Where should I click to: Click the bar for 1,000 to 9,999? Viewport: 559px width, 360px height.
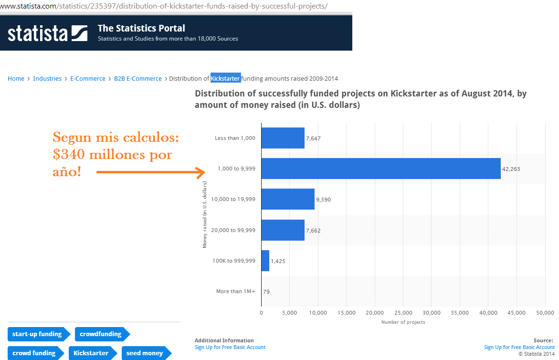pyautogui.click(x=380, y=169)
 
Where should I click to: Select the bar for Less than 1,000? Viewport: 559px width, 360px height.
pyautogui.click(x=283, y=138)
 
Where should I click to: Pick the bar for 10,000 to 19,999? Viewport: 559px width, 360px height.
pyautogui.click(x=287, y=199)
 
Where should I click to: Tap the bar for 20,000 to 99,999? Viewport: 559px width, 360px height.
pyautogui.click(x=283, y=230)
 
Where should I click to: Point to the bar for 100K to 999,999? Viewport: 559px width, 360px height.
pyautogui.click(x=265, y=261)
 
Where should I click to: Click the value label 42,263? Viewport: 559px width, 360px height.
pyautogui.click(x=510, y=169)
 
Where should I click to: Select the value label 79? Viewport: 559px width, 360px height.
pyautogui.click(x=266, y=291)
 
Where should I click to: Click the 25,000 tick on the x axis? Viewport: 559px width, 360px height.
pyautogui.click(x=403, y=313)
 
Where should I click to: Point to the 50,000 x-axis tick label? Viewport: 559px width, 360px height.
pyautogui.click(x=545, y=313)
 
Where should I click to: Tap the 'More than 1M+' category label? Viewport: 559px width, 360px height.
pyautogui.click(x=235, y=291)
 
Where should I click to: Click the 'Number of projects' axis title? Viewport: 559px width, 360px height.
pyautogui.click(x=403, y=322)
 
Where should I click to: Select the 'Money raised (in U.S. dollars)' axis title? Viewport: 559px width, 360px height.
pyautogui.click(x=205, y=215)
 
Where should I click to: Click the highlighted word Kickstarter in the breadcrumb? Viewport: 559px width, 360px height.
pyautogui.click(x=226, y=78)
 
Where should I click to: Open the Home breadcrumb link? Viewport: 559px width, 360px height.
pyautogui.click(x=16, y=79)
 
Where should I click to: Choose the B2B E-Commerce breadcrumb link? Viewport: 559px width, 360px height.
pyautogui.click(x=137, y=79)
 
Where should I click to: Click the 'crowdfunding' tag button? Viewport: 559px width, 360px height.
pyautogui.click(x=101, y=334)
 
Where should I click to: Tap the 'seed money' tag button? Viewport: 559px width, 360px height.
pyautogui.click(x=145, y=353)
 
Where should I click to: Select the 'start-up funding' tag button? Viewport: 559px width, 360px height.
pyautogui.click(x=37, y=334)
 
